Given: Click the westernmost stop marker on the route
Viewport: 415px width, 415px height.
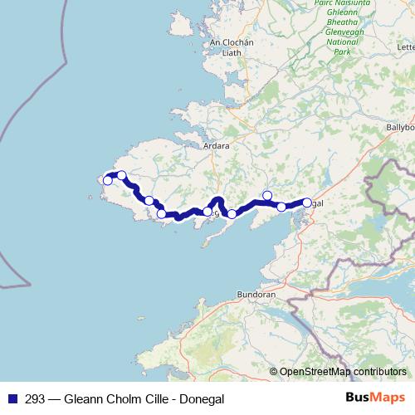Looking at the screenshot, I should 107,180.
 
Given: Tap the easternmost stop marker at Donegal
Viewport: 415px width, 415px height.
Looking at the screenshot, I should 306,203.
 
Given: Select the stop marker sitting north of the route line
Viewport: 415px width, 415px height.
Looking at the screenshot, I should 266,195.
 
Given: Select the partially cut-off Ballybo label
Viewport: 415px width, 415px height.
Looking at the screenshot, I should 400,129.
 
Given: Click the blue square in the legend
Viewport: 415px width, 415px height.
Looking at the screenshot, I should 12,398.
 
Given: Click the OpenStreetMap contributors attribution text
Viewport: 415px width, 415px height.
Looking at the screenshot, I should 343,371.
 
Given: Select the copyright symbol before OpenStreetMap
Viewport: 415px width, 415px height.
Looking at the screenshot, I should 274,371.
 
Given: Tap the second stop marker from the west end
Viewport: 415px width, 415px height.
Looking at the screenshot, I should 122,175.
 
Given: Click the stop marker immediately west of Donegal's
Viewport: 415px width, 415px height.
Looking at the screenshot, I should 281,207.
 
